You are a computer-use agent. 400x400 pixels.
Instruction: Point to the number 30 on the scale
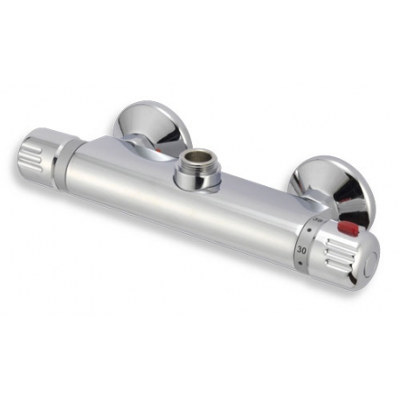point(303,250)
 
